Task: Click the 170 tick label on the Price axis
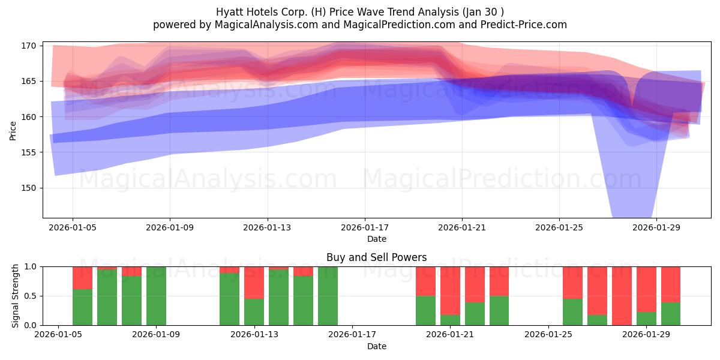(28, 46)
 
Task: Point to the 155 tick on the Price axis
(28, 152)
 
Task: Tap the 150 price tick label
(28, 188)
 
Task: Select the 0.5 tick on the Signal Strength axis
(31, 296)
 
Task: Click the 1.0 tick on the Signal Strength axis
(31, 267)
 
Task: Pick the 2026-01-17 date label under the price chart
(365, 227)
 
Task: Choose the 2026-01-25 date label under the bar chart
(548, 335)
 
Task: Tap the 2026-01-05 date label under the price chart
(73, 227)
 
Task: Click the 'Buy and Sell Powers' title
(377, 257)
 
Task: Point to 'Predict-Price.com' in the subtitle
(524, 25)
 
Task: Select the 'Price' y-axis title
(13, 131)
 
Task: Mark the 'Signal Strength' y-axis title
(15, 296)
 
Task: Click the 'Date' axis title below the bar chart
(377, 347)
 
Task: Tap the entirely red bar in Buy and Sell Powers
(622, 296)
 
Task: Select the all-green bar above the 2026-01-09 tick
(156, 296)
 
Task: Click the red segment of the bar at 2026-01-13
(254, 283)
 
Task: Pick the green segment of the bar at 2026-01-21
(451, 320)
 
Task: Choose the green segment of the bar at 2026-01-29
(646, 319)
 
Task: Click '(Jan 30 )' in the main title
(483, 12)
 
